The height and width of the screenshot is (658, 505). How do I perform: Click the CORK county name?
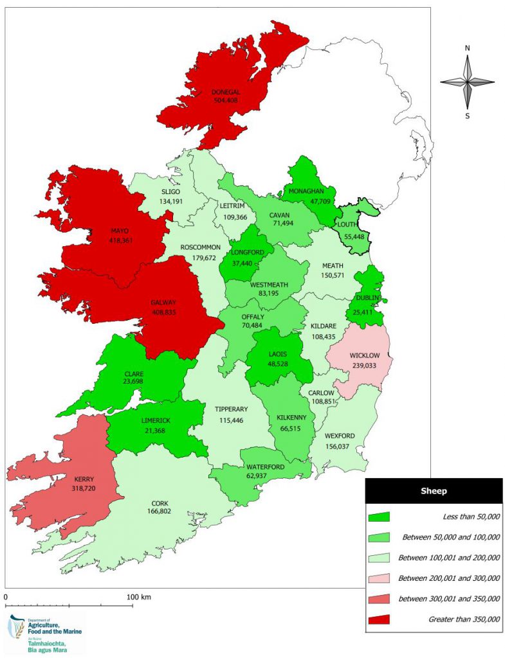click(x=160, y=503)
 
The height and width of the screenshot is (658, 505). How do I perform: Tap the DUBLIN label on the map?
click(x=366, y=298)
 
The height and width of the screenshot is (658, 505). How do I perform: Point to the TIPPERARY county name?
click(x=230, y=409)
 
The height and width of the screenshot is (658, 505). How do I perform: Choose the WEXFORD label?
click(x=340, y=436)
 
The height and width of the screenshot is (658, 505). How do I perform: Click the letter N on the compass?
click(x=468, y=48)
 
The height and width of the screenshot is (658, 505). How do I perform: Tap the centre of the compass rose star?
click(x=468, y=82)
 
